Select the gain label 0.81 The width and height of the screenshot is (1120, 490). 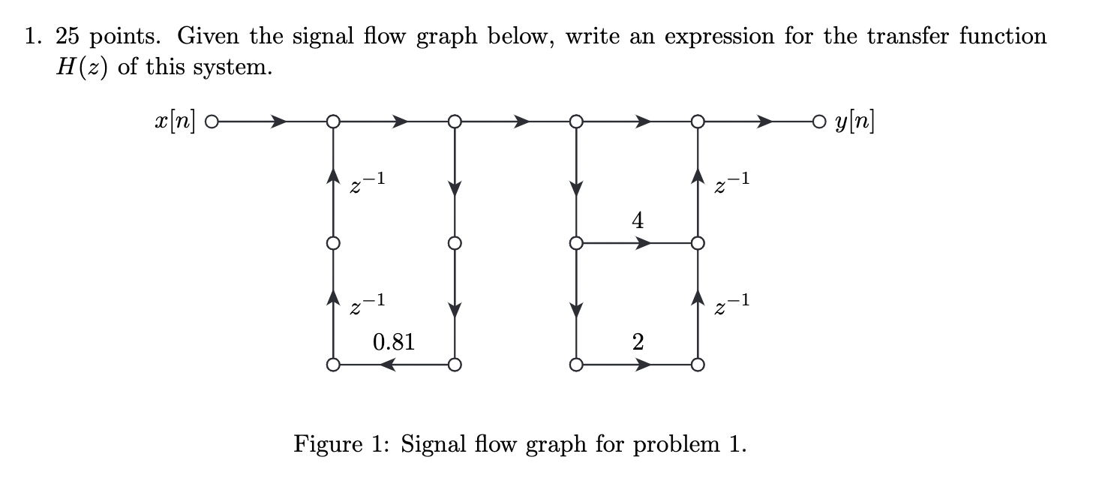393,342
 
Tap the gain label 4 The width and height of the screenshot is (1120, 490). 637,221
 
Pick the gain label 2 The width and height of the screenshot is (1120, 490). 637,342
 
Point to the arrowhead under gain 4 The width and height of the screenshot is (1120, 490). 642,243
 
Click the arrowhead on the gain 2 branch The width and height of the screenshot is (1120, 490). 642,365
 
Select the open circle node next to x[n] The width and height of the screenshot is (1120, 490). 212,121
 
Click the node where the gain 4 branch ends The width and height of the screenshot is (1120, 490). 698,243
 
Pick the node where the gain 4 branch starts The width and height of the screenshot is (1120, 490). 575,243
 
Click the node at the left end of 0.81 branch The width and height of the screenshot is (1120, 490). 332,365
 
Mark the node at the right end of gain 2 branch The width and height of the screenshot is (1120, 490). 698,365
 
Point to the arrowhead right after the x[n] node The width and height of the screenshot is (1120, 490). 278,121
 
